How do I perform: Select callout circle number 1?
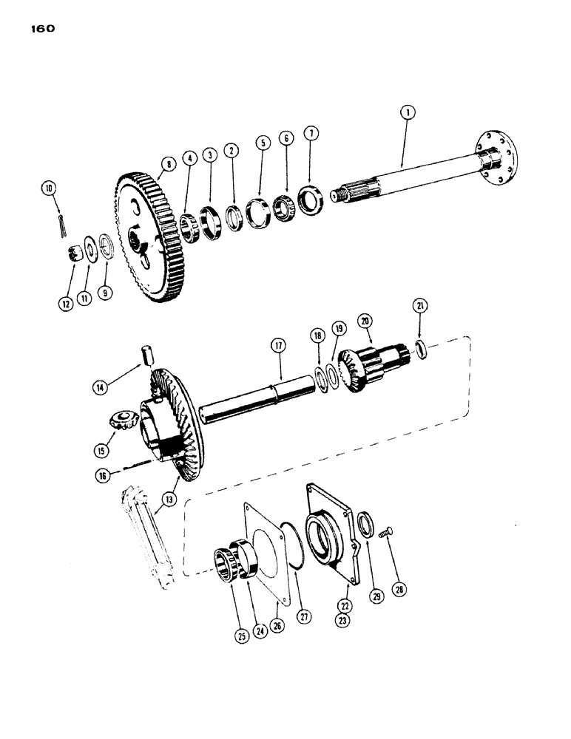(x=407, y=113)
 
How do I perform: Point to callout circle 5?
(x=261, y=142)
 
